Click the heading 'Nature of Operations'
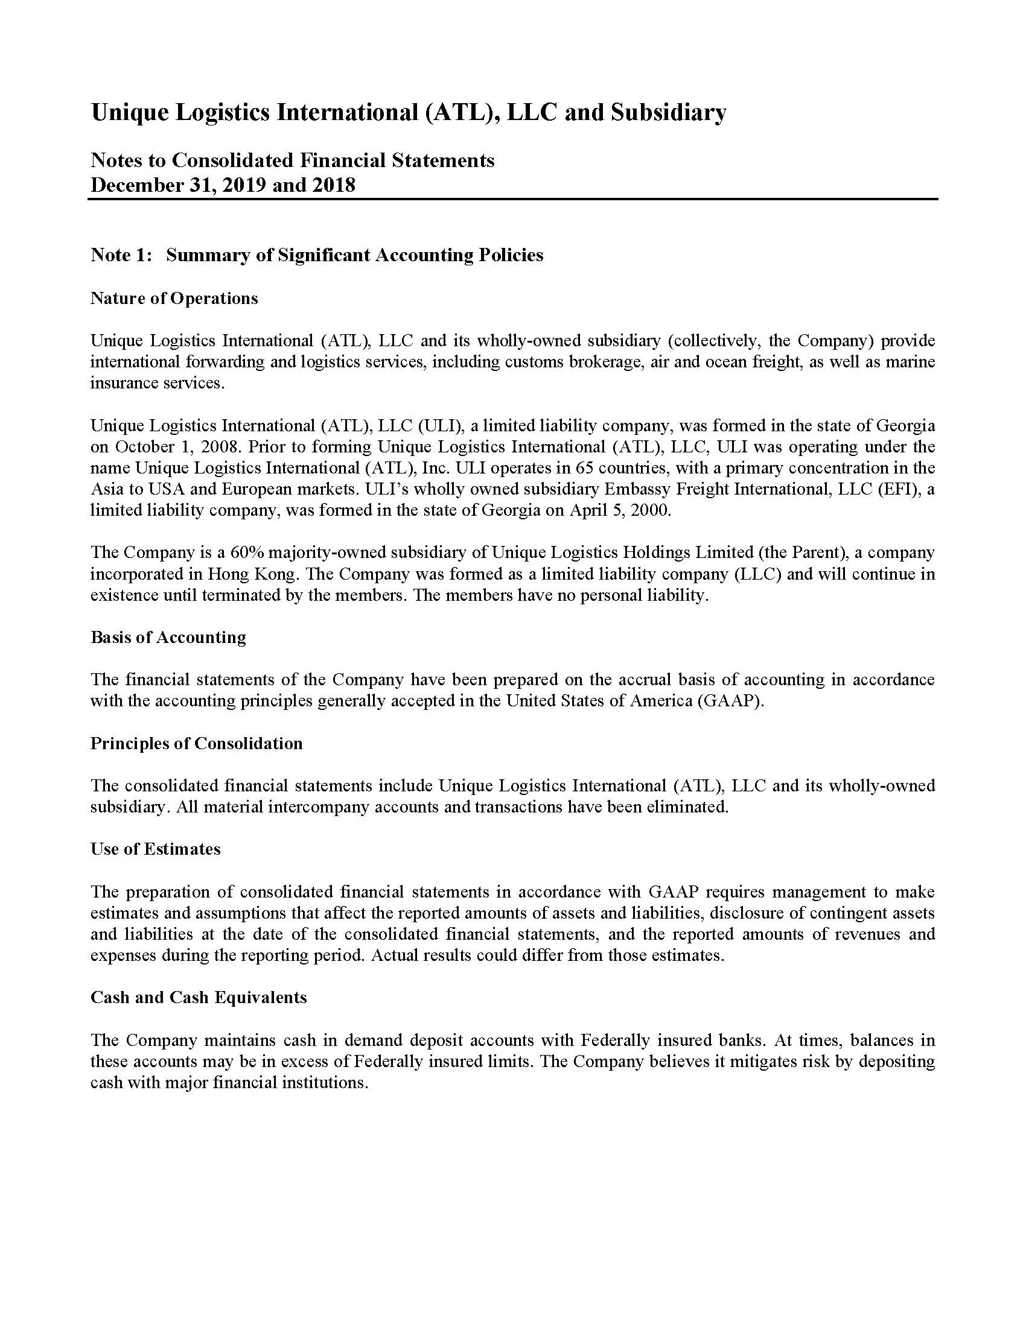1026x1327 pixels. point(174,299)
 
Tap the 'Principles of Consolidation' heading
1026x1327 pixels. point(196,743)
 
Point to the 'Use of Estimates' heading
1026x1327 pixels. point(155,849)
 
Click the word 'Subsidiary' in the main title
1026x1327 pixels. point(668,113)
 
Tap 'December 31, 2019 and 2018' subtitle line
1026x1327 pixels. point(223,185)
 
